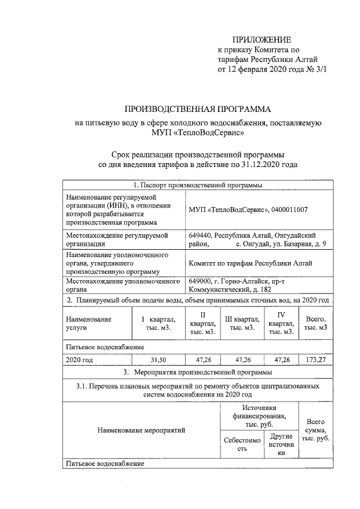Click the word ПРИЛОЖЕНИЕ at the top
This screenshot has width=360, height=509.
coord(262,40)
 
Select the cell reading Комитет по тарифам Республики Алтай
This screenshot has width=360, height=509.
coord(251,263)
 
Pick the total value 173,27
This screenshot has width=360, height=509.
coord(314,359)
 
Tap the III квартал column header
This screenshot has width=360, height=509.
coord(239,323)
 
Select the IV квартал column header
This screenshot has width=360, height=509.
coord(281,323)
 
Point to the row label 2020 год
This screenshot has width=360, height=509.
coord(79,359)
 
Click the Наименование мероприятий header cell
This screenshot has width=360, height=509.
coord(141,430)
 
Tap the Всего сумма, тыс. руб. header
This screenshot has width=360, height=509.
coord(316,430)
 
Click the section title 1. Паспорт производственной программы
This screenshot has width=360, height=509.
coord(197,184)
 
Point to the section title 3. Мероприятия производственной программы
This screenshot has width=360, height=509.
coord(197,372)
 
